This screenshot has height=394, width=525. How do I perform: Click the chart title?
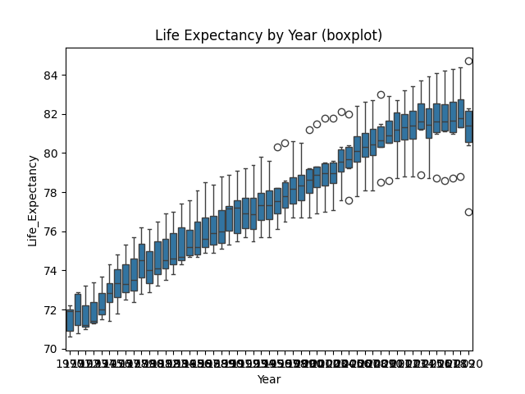click(268, 35)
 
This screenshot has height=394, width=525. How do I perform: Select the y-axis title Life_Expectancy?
click(33, 199)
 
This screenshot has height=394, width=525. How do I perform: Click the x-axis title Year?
click(268, 379)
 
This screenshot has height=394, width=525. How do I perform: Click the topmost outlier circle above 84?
click(468, 61)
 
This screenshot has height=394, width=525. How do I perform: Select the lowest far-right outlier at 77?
click(468, 212)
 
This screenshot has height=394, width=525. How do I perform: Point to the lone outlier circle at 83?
click(381, 94)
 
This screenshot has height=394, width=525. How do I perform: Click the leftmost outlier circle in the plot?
click(277, 147)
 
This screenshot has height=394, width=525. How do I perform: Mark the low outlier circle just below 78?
click(349, 200)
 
